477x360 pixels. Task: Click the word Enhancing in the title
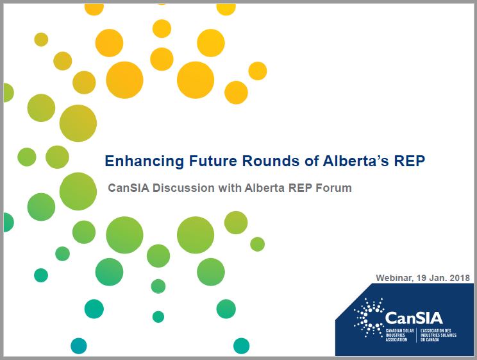(x=144, y=162)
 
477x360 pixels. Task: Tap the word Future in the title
(x=213, y=161)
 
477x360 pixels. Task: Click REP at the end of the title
(x=410, y=161)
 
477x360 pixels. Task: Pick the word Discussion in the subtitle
(x=183, y=188)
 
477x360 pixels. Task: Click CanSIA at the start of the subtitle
(x=128, y=188)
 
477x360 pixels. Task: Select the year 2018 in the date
(x=460, y=278)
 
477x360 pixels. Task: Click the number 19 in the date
(x=421, y=278)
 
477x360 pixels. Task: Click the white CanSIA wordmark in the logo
(x=414, y=318)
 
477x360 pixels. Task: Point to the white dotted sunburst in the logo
(x=369, y=318)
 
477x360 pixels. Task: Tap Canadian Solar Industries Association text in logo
(x=399, y=335)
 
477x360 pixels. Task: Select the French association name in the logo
(x=439, y=335)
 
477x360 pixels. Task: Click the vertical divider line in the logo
(x=417, y=336)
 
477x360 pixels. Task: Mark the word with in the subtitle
(x=230, y=188)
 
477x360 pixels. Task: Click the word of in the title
(x=311, y=161)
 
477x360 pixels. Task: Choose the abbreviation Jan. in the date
(x=438, y=278)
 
